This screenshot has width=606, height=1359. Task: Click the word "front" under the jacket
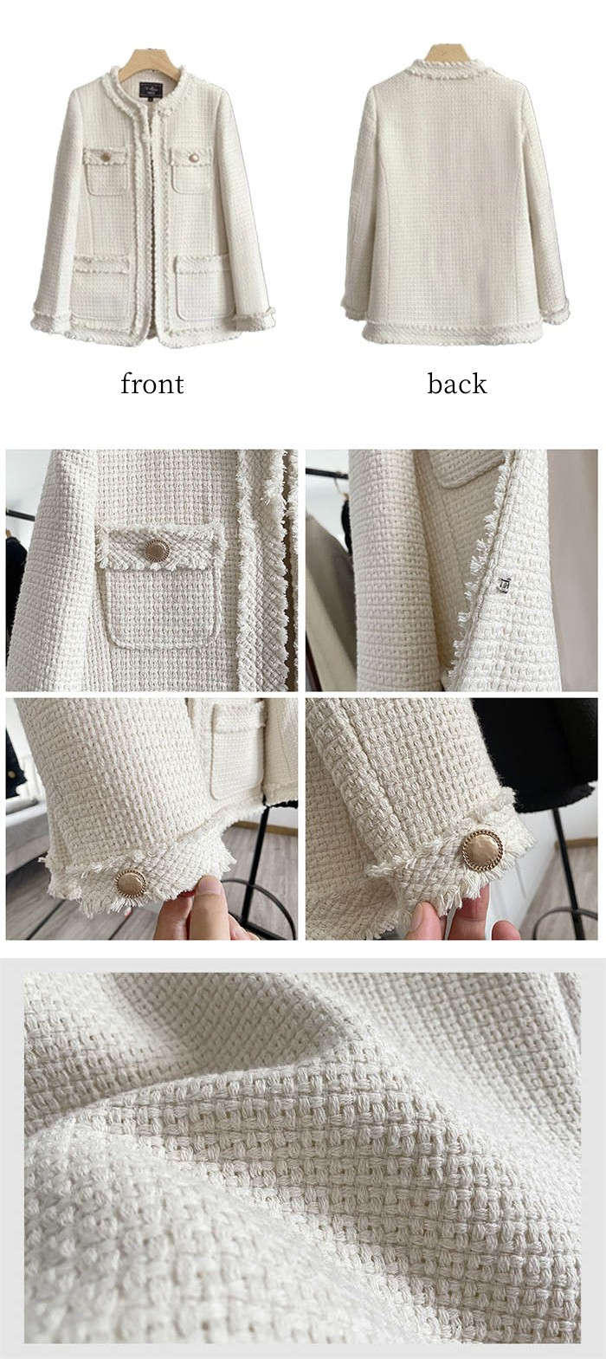151,384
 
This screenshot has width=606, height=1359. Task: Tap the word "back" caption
457,384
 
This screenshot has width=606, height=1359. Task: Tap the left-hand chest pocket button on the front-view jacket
106,157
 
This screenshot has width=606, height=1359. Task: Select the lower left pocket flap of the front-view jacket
102,264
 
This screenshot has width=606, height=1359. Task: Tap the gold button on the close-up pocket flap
157,550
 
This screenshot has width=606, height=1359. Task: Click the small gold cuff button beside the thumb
131,883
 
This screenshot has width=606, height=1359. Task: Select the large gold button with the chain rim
483,850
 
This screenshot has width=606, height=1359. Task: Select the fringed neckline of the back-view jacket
449,72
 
